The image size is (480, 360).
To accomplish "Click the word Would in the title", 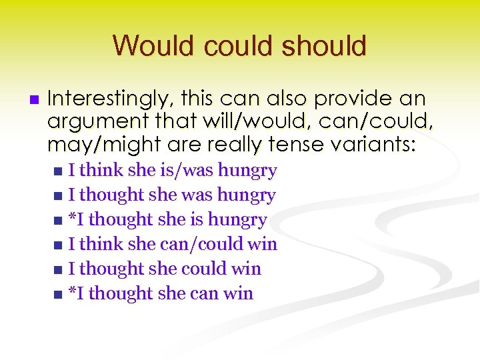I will point(152,46).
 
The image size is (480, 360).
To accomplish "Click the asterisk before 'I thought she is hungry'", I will point(72,218).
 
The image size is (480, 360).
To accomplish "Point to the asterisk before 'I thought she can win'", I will point(72,292).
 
